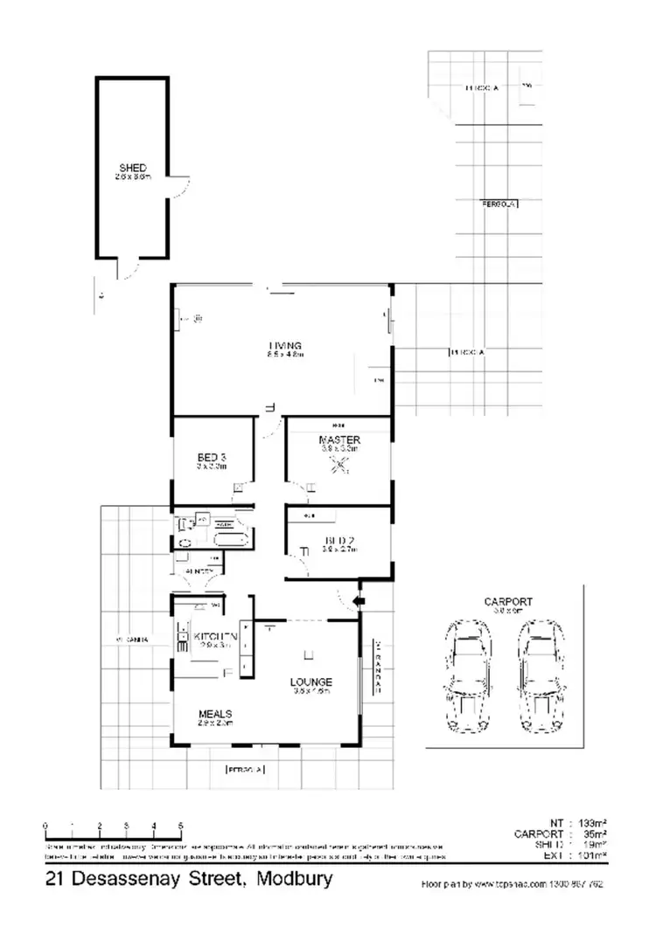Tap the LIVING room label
(285, 344)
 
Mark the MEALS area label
(214, 713)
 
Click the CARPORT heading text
(508, 602)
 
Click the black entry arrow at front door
(357, 601)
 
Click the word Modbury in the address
(294, 879)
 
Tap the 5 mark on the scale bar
(180, 826)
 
